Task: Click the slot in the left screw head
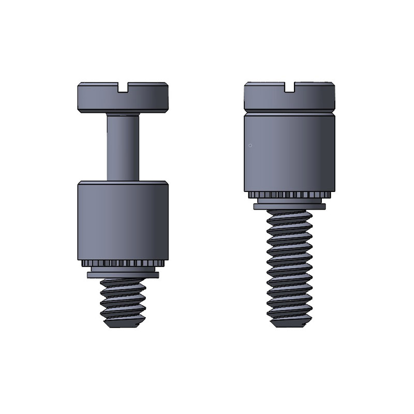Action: (x=123, y=89)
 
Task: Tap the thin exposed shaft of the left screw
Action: (x=123, y=147)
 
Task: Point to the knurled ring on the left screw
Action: (x=123, y=263)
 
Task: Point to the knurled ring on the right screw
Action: (x=289, y=195)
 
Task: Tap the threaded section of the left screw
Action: (x=123, y=303)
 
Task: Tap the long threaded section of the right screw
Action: (x=289, y=269)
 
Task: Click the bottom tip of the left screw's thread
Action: (x=123, y=325)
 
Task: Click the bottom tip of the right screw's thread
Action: (x=289, y=326)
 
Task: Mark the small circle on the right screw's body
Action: (x=250, y=145)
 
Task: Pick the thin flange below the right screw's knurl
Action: (x=289, y=206)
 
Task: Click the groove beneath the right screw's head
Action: (x=289, y=111)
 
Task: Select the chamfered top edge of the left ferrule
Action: (x=123, y=183)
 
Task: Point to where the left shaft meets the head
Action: (x=123, y=114)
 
